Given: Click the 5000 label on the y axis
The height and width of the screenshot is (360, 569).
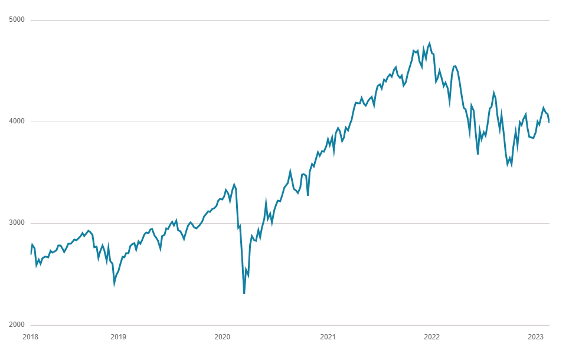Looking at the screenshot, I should click(x=17, y=20).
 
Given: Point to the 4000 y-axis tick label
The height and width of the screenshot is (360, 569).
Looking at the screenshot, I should click(x=17, y=122).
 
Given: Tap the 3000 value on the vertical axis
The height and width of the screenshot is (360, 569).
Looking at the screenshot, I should click(x=17, y=223).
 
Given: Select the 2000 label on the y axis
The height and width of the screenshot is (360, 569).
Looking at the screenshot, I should click(x=17, y=325).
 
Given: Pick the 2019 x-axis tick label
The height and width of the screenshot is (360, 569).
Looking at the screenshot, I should click(x=118, y=337).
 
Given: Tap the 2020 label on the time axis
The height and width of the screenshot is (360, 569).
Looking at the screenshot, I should click(x=222, y=337).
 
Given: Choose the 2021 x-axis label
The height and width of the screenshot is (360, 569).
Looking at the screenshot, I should click(x=328, y=337).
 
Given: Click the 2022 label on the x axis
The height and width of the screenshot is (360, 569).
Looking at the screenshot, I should click(x=431, y=337).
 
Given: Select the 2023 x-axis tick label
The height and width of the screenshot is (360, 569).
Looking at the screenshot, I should click(x=535, y=337).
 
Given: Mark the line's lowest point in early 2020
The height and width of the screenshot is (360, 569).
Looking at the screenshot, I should click(x=244, y=293).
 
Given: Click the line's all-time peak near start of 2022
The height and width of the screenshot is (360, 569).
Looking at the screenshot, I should click(x=429, y=43).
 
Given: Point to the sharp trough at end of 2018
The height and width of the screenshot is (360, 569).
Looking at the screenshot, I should click(x=115, y=284).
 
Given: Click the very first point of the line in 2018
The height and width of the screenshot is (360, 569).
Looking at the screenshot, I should click(x=31, y=254).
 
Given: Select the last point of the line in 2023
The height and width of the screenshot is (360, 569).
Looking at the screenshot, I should click(x=549, y=122).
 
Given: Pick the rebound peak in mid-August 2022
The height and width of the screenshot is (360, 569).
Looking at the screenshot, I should click(x=494, y=93).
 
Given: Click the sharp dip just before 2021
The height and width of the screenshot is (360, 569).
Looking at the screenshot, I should click(x=308, y=195).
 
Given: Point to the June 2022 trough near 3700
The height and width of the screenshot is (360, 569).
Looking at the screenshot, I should click(x=478, y=154).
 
